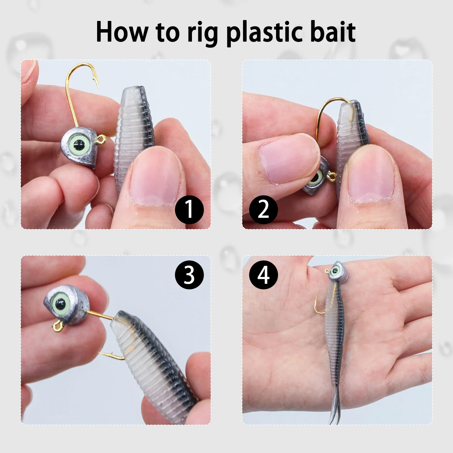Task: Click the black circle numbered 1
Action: coord(189,210)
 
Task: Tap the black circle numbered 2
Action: coord(263,210)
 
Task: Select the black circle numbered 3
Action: coord(189,275)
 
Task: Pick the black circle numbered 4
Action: coord(263,275)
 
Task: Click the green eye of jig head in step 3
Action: coord(60,304)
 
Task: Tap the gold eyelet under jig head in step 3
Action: coord(57,327)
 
